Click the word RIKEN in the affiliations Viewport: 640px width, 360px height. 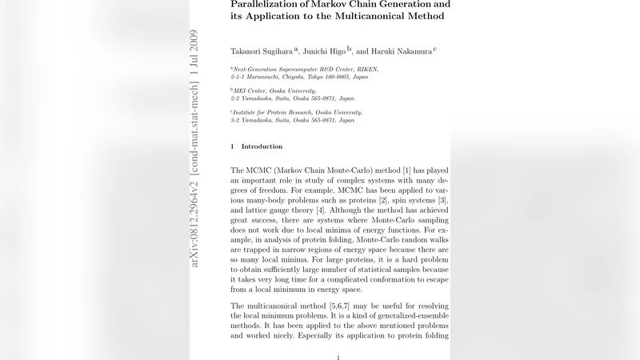coord(366,70)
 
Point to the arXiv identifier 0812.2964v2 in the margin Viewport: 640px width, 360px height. coord(194,223)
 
